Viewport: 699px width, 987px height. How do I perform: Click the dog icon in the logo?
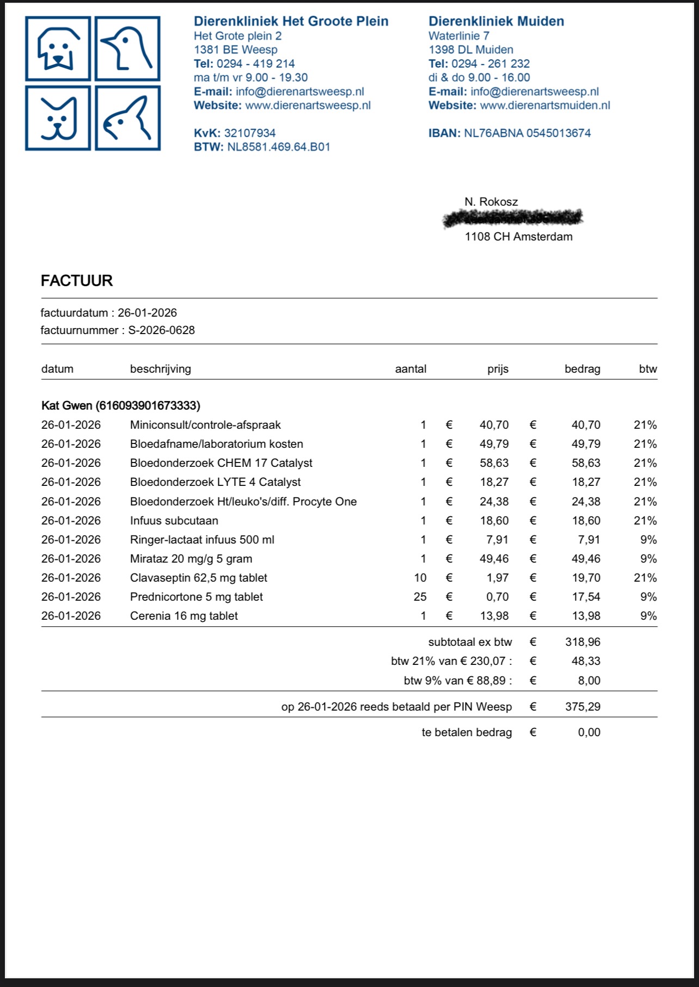coord(58,49)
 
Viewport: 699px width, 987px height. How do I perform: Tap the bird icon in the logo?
coord(128,49)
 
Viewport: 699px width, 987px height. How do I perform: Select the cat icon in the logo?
coord(58,118)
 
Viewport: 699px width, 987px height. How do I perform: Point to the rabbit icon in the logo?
coord(128,118)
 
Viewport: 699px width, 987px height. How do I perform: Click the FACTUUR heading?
coord(77,281)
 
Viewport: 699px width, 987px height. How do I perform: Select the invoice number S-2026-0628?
coord(162,330)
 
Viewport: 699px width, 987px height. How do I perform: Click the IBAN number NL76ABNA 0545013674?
coord(527,133)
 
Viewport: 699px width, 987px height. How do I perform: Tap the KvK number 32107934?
coord(250,133)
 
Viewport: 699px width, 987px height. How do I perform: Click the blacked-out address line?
coord(513,218)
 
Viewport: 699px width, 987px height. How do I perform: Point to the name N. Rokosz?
coord(491,202)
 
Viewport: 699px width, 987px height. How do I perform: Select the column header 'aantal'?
coord(410,369)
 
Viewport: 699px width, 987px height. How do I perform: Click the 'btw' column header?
coord(648,369)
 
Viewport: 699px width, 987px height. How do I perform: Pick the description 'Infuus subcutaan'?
coord(174,521)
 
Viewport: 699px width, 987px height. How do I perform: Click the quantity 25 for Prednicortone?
coord(420,597)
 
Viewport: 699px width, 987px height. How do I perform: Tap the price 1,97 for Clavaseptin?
coord(498,578)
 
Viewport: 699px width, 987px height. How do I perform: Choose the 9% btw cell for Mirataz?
coord(648,559)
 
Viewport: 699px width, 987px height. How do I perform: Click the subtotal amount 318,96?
coord(582,642)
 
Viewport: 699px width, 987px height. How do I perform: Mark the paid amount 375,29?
coord(582,707)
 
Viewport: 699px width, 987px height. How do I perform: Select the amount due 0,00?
coord(589,732)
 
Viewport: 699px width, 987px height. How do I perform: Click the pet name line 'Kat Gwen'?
coord(121,405)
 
